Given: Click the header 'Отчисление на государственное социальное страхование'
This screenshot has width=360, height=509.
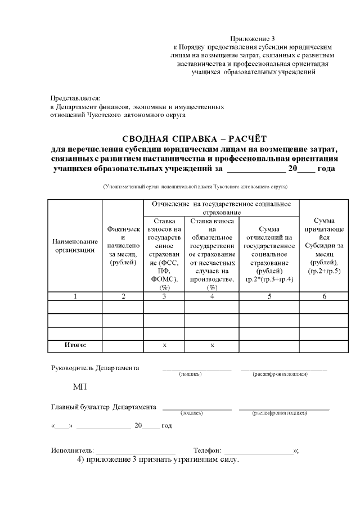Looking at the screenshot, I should point(221,208).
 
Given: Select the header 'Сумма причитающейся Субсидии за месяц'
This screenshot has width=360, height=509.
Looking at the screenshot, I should point(324,246).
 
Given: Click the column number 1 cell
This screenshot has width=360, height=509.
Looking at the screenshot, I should point(75,296).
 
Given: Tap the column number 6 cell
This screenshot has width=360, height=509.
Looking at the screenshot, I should point(324,296).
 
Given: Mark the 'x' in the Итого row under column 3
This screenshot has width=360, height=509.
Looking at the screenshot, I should point(164,345).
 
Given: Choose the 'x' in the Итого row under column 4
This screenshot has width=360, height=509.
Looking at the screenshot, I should point(212,345).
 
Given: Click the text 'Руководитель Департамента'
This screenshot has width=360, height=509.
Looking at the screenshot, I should point(94,368).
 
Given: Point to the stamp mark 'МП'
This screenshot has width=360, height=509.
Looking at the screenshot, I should point(79,388).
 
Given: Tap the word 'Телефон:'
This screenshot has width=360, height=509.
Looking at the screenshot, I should point(208,451).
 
